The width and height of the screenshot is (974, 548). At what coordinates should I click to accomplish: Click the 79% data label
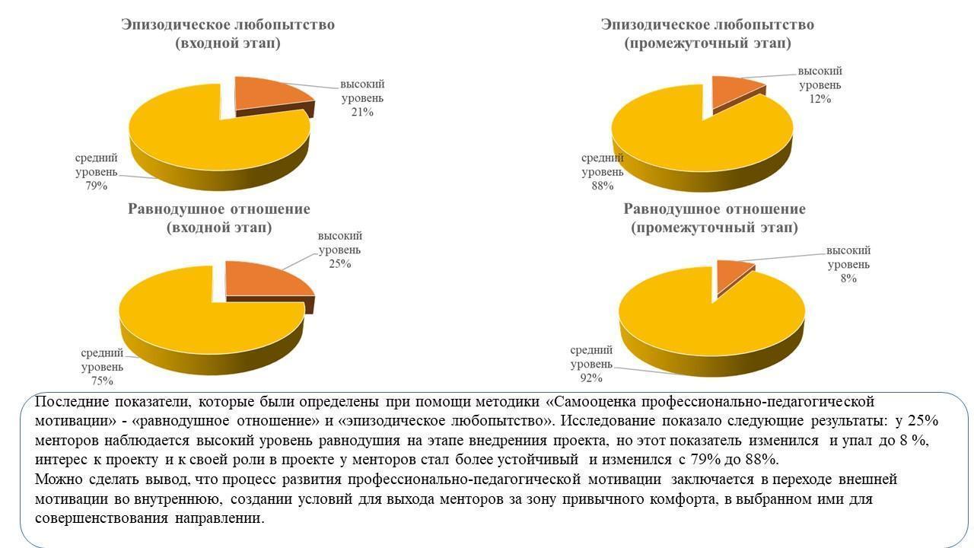(97, 185)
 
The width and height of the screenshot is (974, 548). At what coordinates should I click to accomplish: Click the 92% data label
(591, 378)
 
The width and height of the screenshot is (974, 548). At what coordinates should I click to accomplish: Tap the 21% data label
(362, 113)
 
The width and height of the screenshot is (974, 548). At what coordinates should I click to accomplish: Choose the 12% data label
(820, 99)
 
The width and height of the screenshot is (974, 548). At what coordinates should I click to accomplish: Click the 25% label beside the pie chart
(339, 264)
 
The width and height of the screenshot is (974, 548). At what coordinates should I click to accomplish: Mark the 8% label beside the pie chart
(848, 279)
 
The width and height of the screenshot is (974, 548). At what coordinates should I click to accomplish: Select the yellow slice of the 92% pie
(700, 320)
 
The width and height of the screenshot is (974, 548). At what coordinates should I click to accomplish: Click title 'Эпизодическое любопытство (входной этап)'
(228, 33)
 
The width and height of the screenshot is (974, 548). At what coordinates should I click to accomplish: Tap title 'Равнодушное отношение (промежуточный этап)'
(715, 218)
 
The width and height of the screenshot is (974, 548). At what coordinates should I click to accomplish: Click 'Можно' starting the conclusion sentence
(54, 479)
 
